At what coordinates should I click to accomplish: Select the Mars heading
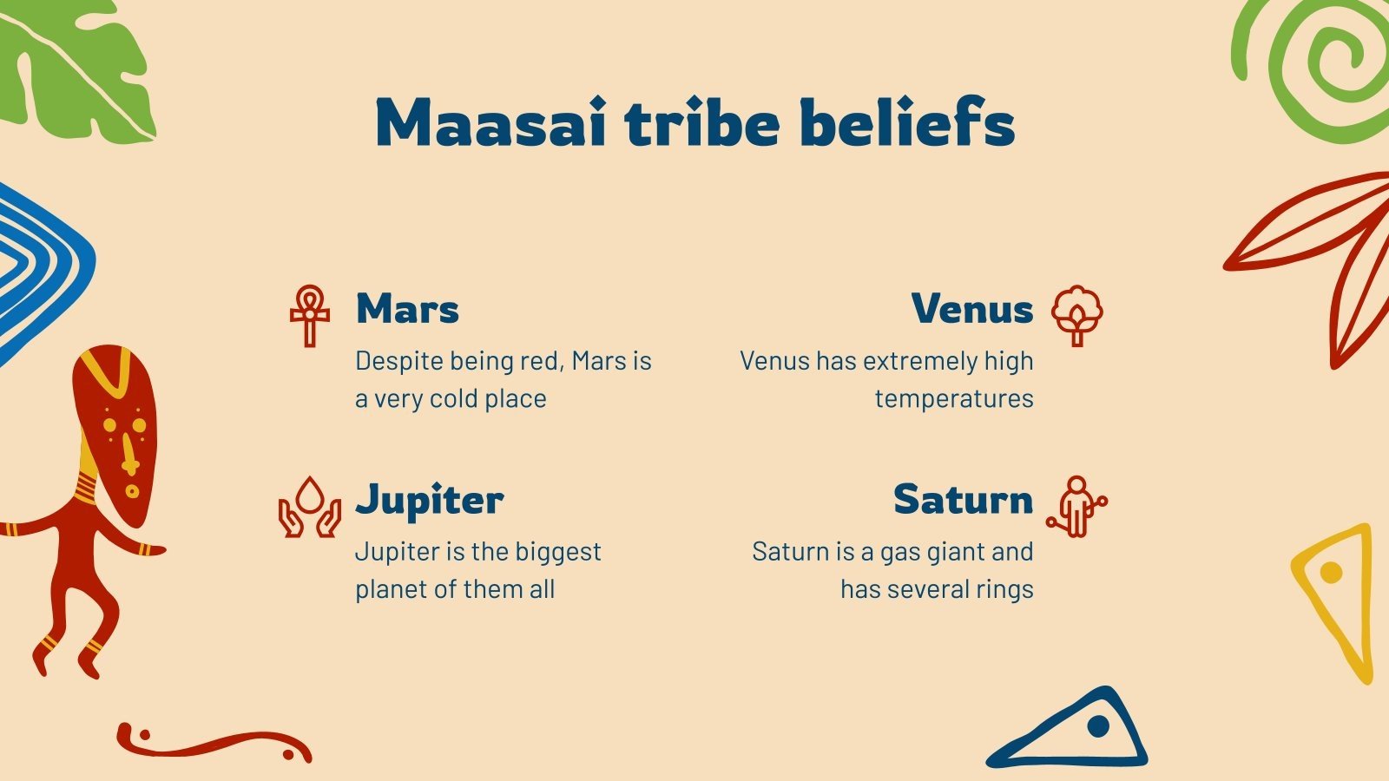[407, 309]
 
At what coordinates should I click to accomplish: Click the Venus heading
[972, 309]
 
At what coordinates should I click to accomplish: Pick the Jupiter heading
[430, 501]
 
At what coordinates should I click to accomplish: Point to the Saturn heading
[963, 500]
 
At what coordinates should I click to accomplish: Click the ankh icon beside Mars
[310, 316]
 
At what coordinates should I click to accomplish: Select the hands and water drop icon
[309, 507]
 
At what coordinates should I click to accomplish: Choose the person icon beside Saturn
[1076, 507]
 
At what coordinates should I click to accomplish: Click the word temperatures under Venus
[954, 399]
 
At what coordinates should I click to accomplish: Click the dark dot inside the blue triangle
[1098, 725]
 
